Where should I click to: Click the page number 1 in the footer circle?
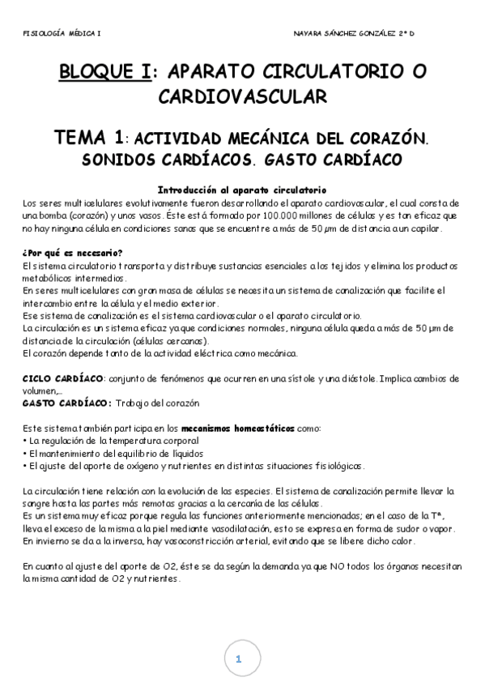coord(239,659)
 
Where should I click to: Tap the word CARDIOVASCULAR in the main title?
coord(242,97)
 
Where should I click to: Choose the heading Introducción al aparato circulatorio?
coord(242,189)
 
